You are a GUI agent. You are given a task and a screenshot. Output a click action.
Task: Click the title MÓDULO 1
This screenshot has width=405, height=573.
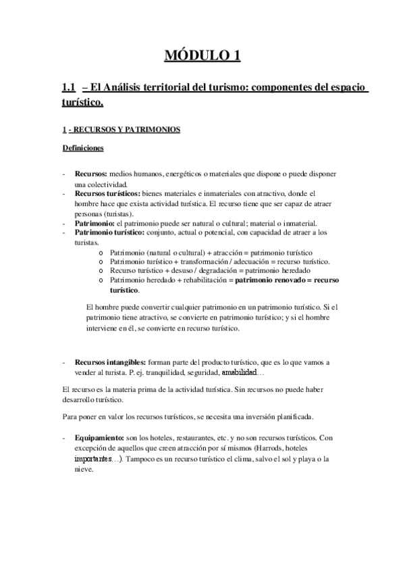[202, 55]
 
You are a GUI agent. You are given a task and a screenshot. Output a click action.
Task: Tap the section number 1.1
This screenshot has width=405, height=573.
[67, 89]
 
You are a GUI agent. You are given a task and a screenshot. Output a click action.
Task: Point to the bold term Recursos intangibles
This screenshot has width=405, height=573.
[107, 362]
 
